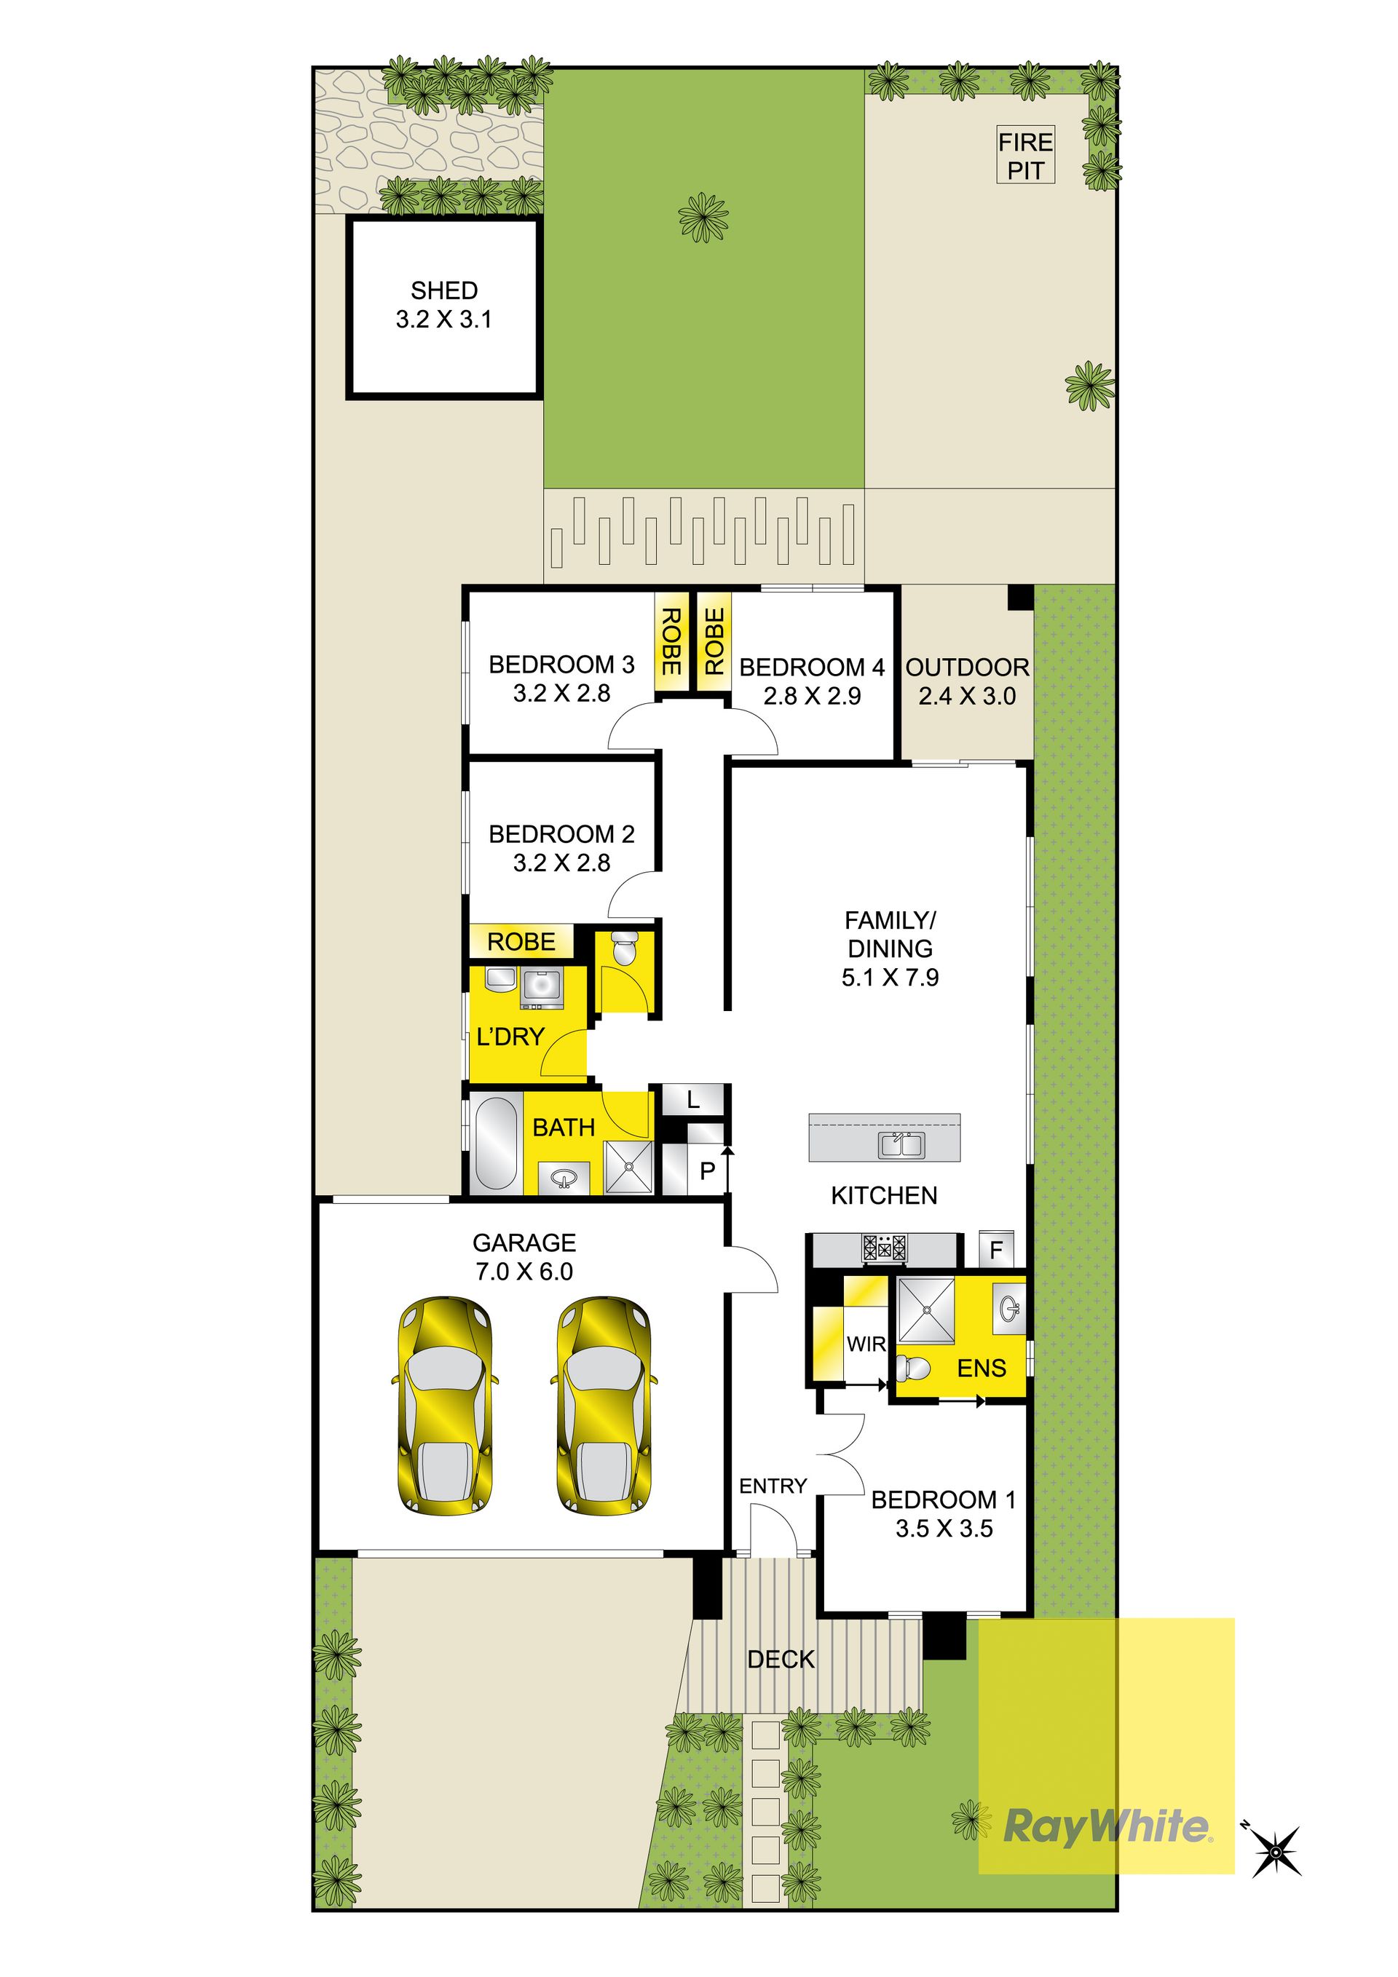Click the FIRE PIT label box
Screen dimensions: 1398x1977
point(1025,156)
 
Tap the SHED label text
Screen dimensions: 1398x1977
point(443,290)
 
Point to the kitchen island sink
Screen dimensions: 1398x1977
point(901,1144)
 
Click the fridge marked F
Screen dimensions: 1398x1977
point(997,1249)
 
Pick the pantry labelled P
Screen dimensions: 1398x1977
point(707,1170)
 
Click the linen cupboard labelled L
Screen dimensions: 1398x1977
point(693,1100)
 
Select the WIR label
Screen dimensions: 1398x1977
point(866,1343)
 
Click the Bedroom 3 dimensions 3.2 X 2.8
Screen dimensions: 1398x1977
point(561,693)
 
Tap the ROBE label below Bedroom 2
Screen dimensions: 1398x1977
point(521,942)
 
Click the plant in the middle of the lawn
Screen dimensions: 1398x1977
point(703,218)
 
